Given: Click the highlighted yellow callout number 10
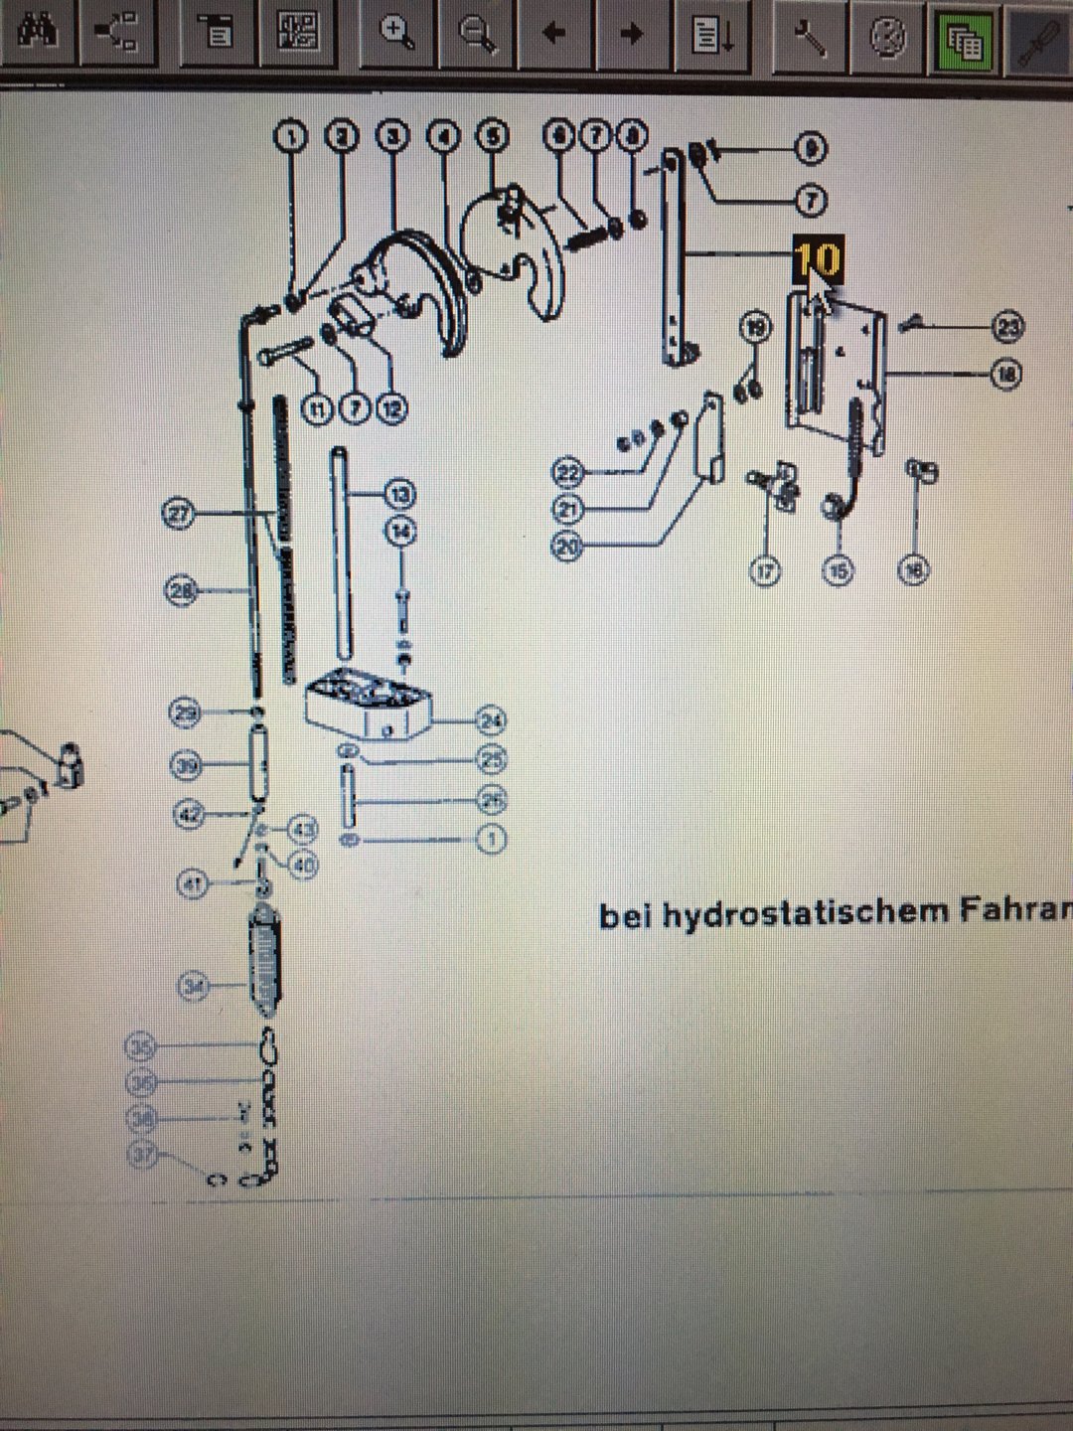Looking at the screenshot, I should click(818, 260).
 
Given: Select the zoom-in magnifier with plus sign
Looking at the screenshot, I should click(397, 33).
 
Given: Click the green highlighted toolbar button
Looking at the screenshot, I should click(963, 40).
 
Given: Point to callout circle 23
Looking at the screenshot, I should click(1009, 326).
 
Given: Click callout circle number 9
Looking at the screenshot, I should click(812, 149).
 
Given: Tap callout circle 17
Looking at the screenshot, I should click(765, 571).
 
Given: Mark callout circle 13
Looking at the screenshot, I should click(400, 495).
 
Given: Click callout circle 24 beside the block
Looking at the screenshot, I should click(491, 720).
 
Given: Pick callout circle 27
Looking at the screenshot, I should click(179, 515).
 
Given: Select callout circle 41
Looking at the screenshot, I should click(193, 882).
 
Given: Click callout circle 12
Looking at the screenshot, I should click(392, 408).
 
